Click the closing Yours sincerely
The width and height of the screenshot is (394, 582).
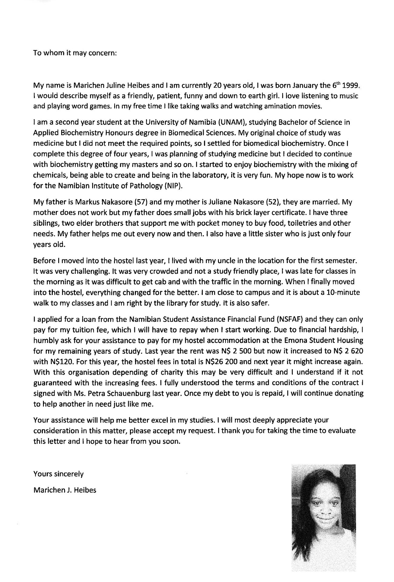[58, 474]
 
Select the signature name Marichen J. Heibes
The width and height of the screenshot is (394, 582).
[65, 490]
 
